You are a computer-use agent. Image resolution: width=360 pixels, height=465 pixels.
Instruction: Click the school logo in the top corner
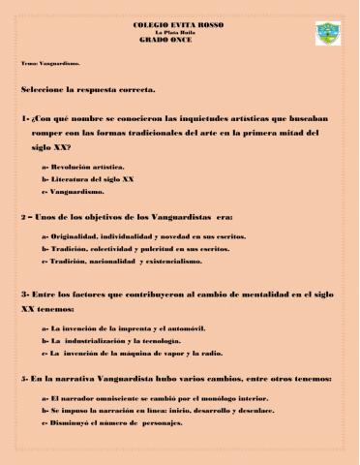click(x=327, y=34)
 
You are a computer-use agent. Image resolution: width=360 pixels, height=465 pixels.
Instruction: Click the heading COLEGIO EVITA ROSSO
click(x=180, y=20)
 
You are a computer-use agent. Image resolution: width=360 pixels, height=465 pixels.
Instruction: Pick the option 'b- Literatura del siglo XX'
click(x=88, y=179)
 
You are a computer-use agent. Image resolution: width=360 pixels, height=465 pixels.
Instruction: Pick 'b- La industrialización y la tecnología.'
click(x=110, y=342)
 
